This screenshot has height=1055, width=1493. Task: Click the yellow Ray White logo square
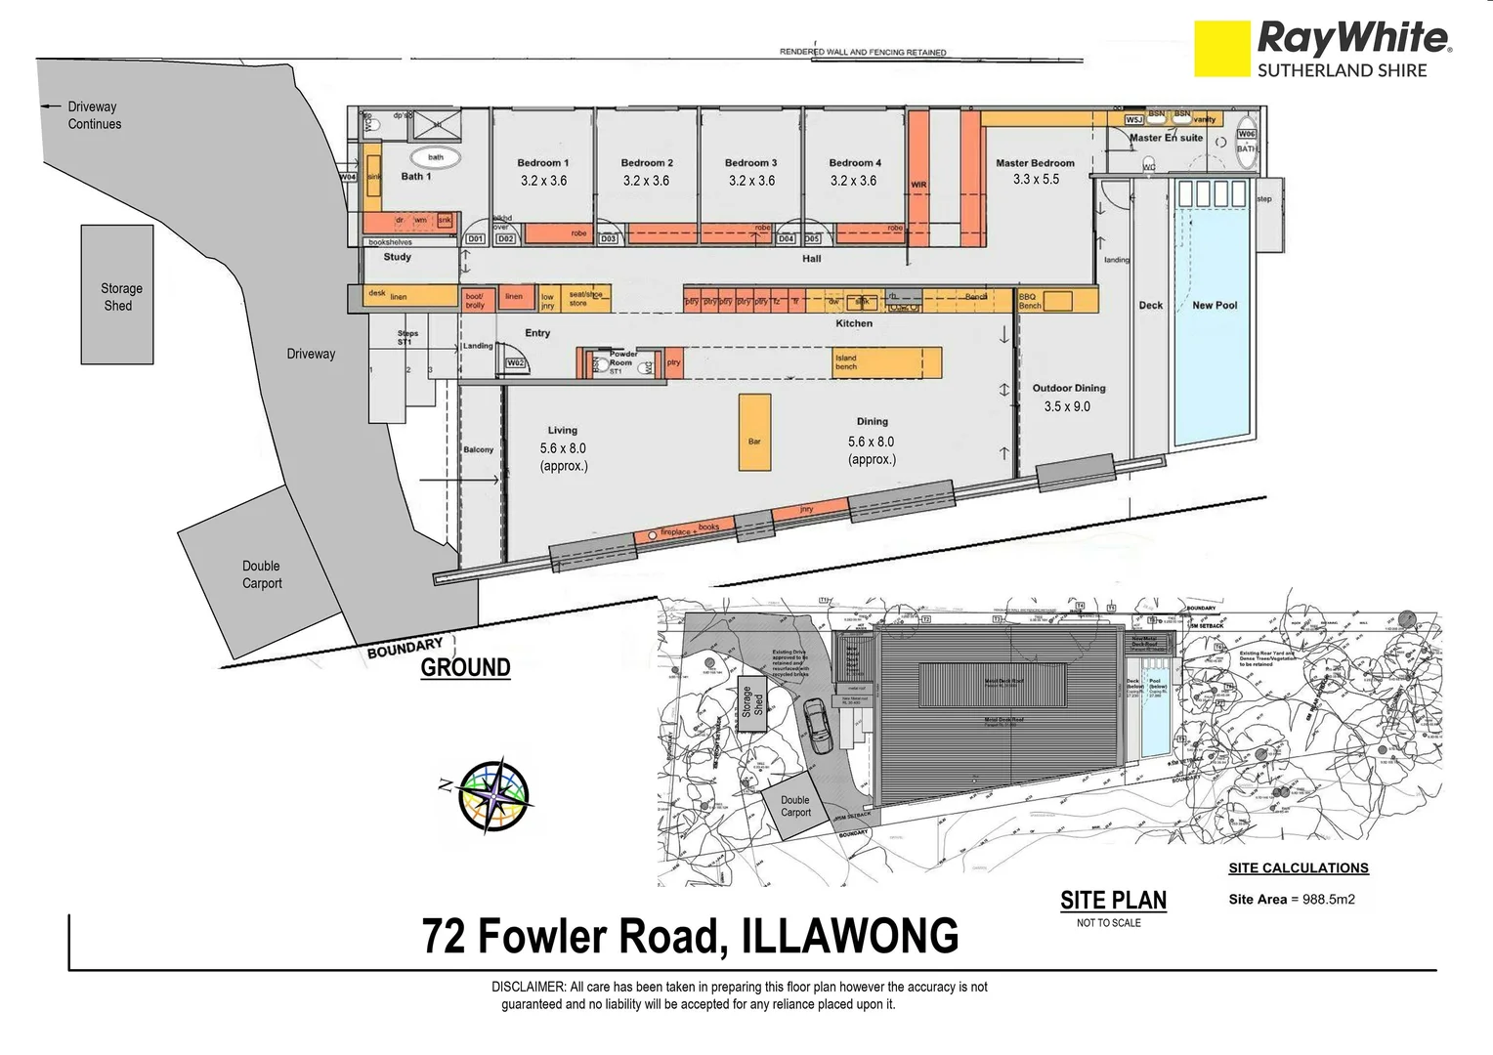(x=1221, y=49)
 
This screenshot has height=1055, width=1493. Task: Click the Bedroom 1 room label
(x=542, y=163)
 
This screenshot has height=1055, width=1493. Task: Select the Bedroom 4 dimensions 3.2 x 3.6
(x=853, y=181)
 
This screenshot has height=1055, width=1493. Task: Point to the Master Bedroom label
(x=1035, y=163)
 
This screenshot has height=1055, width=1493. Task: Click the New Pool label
(x=1214, y=306)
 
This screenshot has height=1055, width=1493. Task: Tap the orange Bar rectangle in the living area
(x=754, y=433)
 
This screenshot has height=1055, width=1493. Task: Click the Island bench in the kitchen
(x=886, y=362)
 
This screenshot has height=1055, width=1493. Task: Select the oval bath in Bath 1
(x=436, y=156)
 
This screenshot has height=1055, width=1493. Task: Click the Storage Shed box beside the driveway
(x=117, y=295)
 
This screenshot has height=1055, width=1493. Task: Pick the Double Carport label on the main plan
(x=262, y=574)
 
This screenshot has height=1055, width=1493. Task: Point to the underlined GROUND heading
(x=465, y=667)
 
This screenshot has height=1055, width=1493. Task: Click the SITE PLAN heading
(x=1113, y=900)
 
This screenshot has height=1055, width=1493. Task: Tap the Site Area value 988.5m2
(x=1323, y=900)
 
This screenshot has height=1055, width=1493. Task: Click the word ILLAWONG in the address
(x=850, y=936)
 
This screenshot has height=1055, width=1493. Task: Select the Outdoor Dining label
(x=1068, y=388)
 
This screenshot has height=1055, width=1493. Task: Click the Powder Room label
(x=622, y=359)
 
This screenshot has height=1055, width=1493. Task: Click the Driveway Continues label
(x=94, y=115)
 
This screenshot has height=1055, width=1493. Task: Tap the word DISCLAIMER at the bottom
(x=528, y=987)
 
